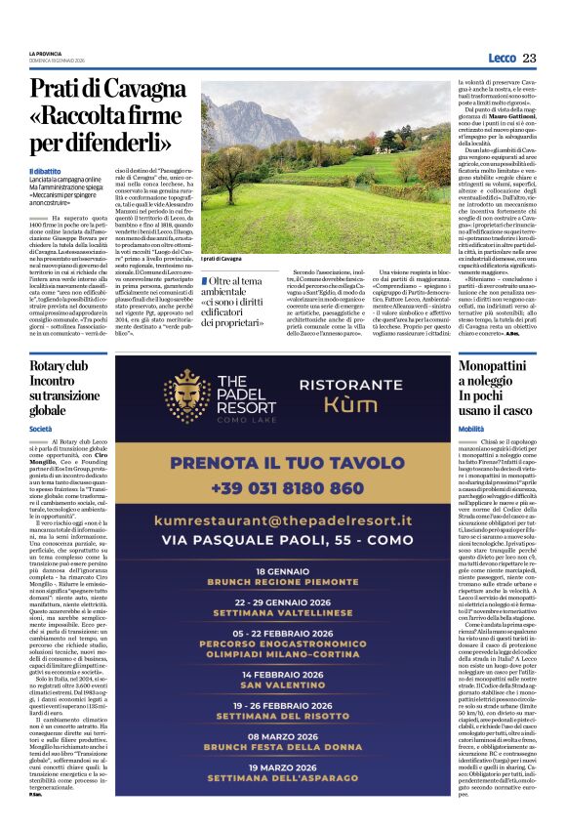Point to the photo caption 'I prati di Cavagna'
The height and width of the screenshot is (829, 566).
pyautogui.click(x=222, y=259)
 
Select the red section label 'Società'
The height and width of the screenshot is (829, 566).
pyautogui.click(x=41, y=429)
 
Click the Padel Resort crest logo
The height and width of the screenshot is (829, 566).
pyautogui.click(x=185, y=396)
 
